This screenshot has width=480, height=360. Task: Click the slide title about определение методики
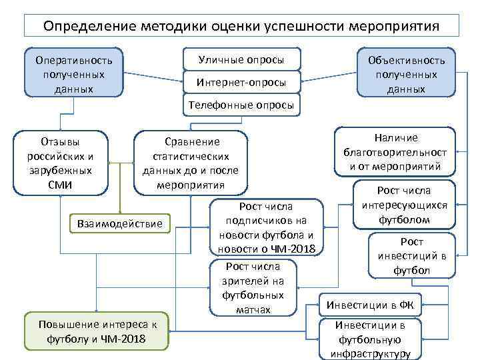[241, 26]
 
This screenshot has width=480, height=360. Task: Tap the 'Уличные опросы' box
[241, 59]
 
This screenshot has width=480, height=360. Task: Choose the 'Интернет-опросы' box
[241, 83]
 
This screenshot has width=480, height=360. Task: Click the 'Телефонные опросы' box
[241, 105]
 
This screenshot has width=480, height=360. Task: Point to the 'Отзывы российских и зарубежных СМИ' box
[61, 163]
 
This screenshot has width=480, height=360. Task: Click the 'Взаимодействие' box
[120, 223]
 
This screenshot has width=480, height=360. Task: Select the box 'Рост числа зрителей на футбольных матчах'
[253, 287]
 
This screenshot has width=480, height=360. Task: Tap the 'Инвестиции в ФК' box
[369, 305]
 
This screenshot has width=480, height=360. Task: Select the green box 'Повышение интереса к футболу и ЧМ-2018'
[97, 331]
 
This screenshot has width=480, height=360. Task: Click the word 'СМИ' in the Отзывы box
[61, 185]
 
